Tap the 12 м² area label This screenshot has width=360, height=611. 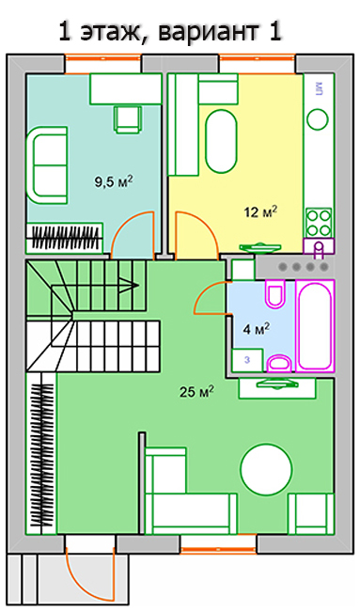click(260, 212)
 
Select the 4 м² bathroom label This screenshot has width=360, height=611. click(257, 329)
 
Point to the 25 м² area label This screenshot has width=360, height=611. click(196, 392)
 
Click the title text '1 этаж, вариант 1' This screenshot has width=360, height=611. click(170, 32)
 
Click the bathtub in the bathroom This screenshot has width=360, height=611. click(315, 326)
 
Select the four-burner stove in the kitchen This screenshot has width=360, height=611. click(319, 223)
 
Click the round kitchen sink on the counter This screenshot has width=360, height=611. click(318, 118)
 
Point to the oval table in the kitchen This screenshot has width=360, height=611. click(221, 141)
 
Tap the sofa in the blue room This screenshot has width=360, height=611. click(47, 164)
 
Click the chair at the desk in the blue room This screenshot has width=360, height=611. click(127, 118)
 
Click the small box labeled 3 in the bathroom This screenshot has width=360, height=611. click(247, 360)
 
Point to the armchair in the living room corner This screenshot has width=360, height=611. click(311, 513)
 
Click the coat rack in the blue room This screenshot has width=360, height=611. click(65, 238)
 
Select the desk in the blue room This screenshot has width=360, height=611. click(126, 89)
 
